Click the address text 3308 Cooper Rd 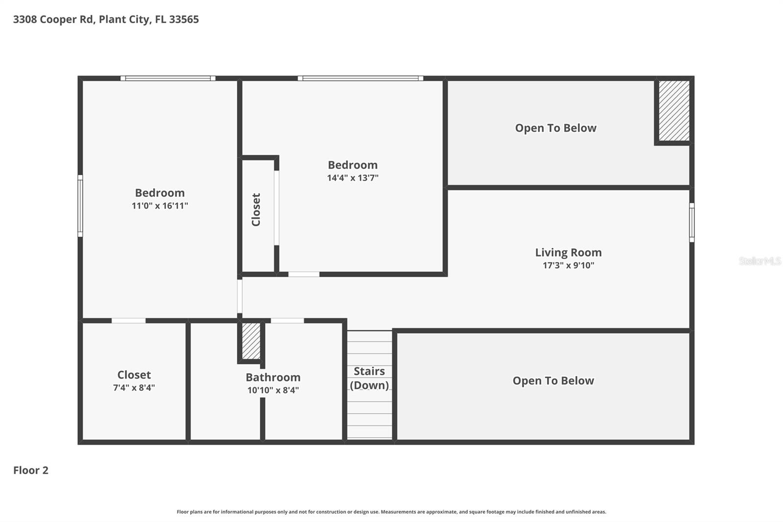53,20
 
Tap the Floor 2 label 31,470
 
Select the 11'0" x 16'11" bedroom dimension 160,206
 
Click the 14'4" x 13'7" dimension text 352,178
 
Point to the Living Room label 568,253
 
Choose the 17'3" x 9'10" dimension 568,265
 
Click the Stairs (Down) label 369,378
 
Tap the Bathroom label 273,378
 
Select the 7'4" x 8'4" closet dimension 134,388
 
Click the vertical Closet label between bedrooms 256,210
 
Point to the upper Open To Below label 555,128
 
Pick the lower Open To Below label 553,381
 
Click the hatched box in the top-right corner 674,111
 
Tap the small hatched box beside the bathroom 251,341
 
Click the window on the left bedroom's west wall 80,206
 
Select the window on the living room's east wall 691,222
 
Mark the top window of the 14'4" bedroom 360,78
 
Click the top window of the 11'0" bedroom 168,78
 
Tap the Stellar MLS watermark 760,261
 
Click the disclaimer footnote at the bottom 391,512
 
